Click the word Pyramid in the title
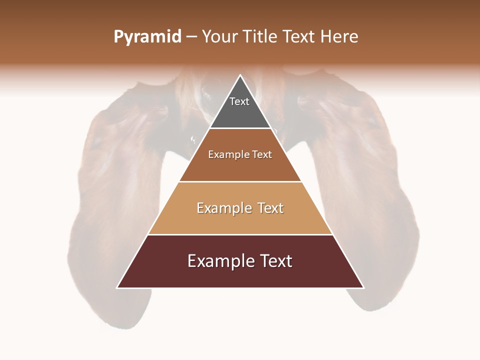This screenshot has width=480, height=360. (x=147, y=37)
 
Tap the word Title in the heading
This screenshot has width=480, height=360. (x=262, y=37)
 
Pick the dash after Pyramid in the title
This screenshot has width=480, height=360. (x=191, y=37)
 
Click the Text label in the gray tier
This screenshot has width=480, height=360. (x=239, y=101)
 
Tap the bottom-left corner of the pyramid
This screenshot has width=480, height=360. (x=117, y=287)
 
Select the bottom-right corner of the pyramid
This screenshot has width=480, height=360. (x=363, y=287)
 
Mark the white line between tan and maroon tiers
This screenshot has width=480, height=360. (x=240, y=234)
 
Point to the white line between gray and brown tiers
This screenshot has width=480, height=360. (x=240, y=128)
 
